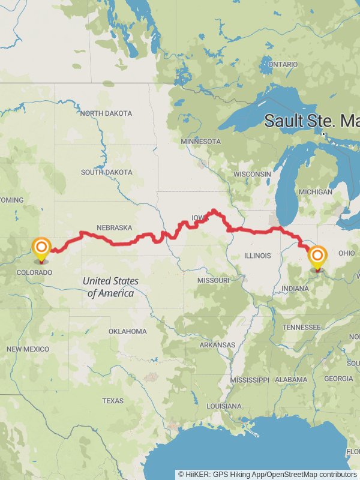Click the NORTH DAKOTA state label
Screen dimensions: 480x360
coord(106,113)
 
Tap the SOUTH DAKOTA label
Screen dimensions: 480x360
coord(106,172)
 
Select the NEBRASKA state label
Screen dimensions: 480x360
coord(113,228)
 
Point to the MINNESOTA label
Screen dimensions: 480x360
coord(201,142)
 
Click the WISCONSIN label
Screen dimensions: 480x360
coord(252,174)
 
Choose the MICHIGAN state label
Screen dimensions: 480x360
coord(315,192)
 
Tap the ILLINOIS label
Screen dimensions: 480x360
coord(258,256)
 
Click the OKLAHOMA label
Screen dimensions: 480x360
coord(127,331)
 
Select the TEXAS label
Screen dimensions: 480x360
coord(112,401)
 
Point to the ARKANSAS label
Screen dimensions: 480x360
coord(218,345)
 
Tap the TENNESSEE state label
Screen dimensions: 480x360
coord(301,327)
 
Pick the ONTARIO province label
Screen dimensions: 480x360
coord(283,64)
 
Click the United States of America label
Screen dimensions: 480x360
coord(110,287)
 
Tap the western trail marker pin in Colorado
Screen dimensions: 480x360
coord(41,249)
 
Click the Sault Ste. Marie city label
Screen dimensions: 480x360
coord(312,121)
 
